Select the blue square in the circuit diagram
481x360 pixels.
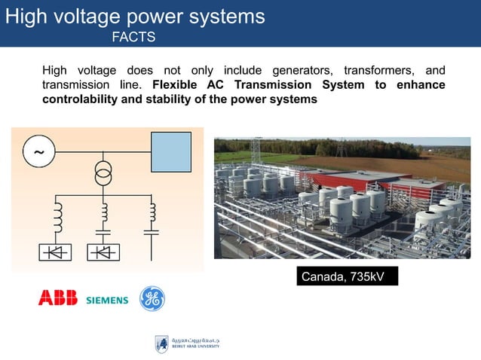(172, 152)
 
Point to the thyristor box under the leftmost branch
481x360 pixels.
(56, 252)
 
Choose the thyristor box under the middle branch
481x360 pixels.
(103, 252)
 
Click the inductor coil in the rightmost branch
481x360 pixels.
(152, 211)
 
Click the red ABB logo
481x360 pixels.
(58, 299)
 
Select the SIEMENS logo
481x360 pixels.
(107, 301)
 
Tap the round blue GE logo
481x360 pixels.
(152, 299)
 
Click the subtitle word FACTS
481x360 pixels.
(133, 36)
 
